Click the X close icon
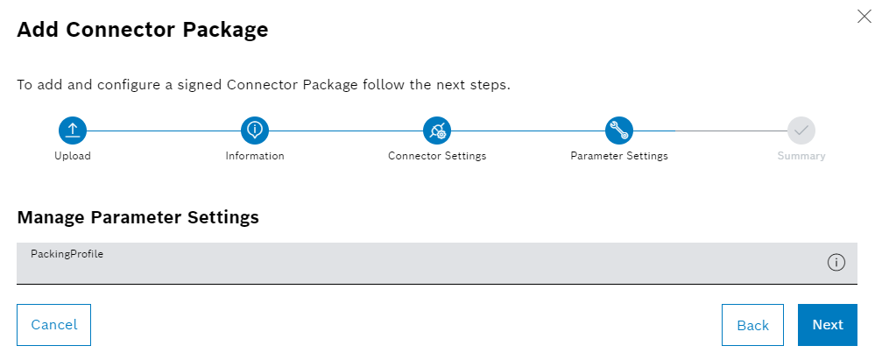pyautogui.click(x=864, y=16)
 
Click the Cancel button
pyautogui.click(x=53, y=325)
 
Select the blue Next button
pyautogui.click(x=827, y=325)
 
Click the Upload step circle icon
pyautogui.click(x=73, y=131)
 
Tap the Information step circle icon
pyautogui.click(x=255, y=131)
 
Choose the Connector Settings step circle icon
pyautogui.click(x=437, y=131)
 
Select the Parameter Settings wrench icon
pyautogui.click(x=619, y=131)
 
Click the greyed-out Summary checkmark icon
pyautogui.click(x=801, y=131)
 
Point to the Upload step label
pyautogui.click(x=73, y=156)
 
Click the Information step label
pyautogui.click(x=255, y=156)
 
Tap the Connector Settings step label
pyautogui.click(x=437, y=156)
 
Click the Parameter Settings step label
pyautogui.click(x=619, y=156)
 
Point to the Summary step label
pyautogui.click(x=801, y=156)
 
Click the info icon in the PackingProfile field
pyautogui.click(x=836, y=263)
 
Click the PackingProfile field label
pyautogui.click(x=67, y=254)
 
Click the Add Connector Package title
pyautogui.click(x=143, y=30)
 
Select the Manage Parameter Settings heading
pyautogui.click(x=138, y=217)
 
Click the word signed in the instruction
pyautogui.click(x=199, y=86)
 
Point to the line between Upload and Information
pyautogui.click(x=164, y=131)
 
